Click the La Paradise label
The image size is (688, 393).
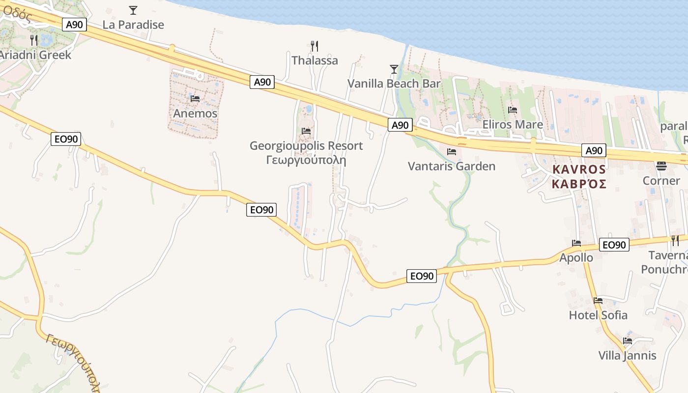(x=133, y=25)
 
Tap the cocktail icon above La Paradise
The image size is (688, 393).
(x=133, y=10)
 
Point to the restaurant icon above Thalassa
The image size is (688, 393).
(x=315, y=46)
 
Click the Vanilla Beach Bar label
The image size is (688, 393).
(x=394, y=84)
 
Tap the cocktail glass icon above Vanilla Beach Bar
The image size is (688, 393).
(x=394, y=69)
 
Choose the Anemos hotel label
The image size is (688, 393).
(x=195, y=113)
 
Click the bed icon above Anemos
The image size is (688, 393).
(x=195, y=99)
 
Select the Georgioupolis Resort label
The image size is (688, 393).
(x=306, y=146)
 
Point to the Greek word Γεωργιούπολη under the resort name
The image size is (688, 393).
(x=306, y=160)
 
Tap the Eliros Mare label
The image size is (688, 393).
(x=513, y=124)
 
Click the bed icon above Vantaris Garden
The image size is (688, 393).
(x=452, y=151)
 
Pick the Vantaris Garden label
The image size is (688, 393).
(x=452, y=166)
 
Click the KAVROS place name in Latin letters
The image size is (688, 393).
(x=579, y=169)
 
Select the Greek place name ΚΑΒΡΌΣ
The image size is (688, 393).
(x=579, y=184)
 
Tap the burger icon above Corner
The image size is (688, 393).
(x=661, y=166)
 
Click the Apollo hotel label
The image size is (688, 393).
(x=576, y=257)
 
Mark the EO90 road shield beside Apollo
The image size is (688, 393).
(x=614, y=245)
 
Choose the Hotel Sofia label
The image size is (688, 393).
(x=598, y=315)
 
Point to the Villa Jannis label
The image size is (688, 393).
(x=627, y=355)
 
